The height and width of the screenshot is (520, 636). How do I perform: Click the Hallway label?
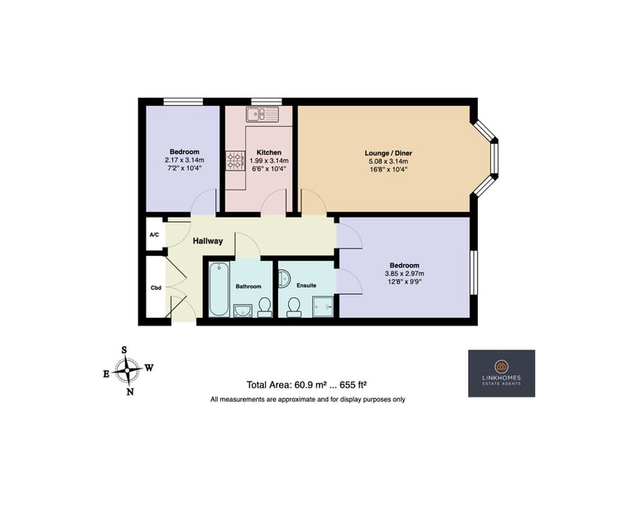pos(208,241)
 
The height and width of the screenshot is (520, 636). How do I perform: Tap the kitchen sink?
pos(263,114)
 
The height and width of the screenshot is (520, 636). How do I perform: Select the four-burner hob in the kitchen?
pos(236,160)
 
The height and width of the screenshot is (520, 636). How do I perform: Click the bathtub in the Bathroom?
pos(219,289)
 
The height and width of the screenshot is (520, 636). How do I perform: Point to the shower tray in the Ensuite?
pos(323,306)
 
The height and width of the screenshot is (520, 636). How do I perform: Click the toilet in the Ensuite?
pos(293,307)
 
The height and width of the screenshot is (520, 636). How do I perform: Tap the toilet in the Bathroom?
pos(264,307)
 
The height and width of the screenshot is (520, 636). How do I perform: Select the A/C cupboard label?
pos(154,235)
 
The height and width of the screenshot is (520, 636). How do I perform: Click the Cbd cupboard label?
pos(156,287)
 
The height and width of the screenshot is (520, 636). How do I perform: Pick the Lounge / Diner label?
pos(388,153)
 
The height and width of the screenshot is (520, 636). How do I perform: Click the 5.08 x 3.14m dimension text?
pos(388,161)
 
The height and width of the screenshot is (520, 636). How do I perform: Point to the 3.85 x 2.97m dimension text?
pos(404,273)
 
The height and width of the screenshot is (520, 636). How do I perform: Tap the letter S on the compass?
pos(124,350)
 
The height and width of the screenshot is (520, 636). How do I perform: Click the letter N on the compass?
pos(130,392)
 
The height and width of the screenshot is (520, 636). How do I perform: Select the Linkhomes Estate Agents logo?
pos(501,373)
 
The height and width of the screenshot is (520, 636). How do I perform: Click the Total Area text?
pos(307,384)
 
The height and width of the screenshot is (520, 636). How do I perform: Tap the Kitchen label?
pos(269,152)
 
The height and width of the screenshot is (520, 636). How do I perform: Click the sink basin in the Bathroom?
pos(243,311)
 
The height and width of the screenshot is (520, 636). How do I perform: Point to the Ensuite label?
pos(306,285)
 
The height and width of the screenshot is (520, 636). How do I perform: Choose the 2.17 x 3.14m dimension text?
pos(185,160)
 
